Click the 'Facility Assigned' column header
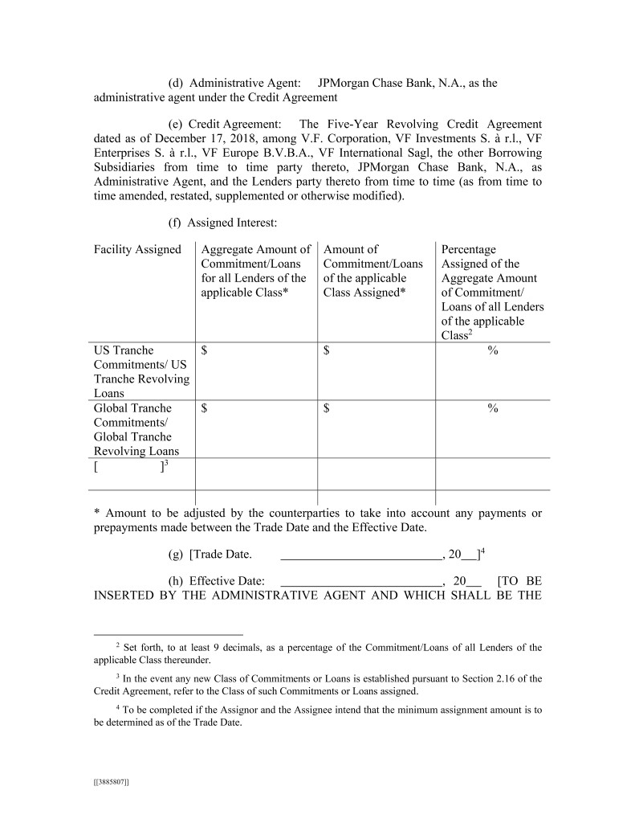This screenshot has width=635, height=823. pos(137,249)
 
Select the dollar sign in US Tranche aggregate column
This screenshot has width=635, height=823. pos(205,350)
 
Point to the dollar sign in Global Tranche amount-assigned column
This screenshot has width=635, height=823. pos(327,408)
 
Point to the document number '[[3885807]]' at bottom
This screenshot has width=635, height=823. pos(112,781)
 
